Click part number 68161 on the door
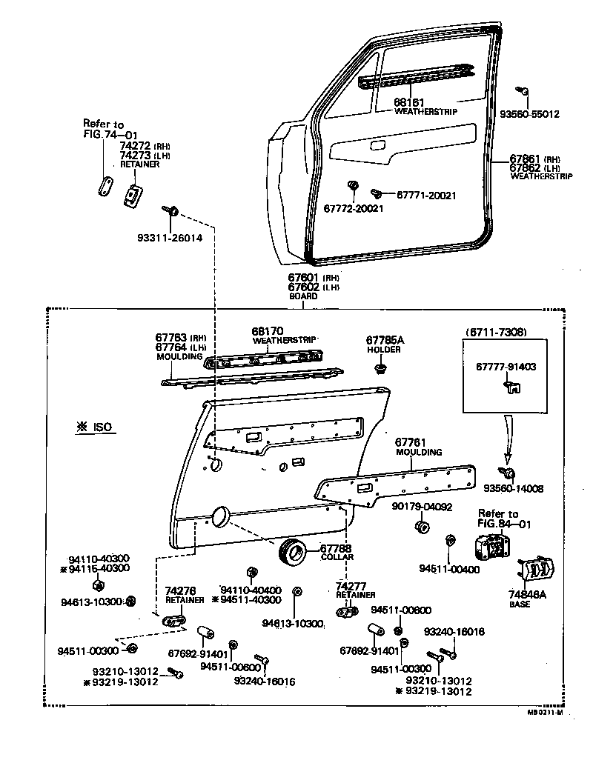[408, 101]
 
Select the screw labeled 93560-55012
[523, 92]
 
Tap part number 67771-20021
[426, 195]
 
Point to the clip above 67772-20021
[354, 184]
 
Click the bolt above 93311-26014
[172, 213]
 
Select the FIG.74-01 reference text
[110, 135]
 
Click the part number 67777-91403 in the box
[506, 366]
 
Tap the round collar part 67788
[292, 552]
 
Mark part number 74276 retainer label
[180, 590]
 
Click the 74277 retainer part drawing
[346, 612]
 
